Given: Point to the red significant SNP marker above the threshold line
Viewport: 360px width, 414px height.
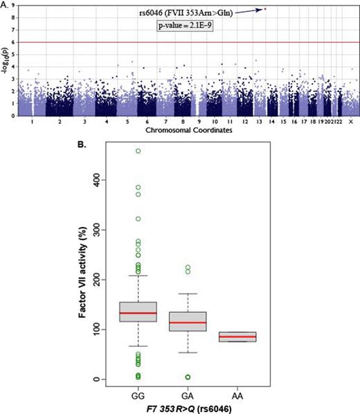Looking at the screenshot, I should coord(264,9).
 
